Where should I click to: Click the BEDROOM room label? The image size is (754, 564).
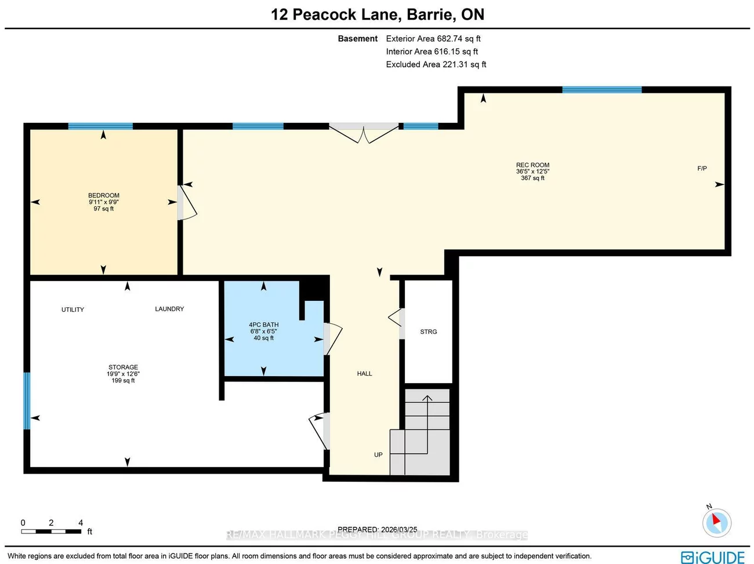104,195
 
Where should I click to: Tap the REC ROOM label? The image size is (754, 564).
532,165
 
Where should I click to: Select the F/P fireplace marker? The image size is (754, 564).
702,169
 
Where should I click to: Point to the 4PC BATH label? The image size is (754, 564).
264,325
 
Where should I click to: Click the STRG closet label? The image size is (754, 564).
429,332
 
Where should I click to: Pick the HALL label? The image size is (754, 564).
364,374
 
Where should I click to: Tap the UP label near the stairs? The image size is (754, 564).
378,455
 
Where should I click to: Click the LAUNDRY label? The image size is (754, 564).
169,309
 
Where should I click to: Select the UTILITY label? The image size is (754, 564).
72,310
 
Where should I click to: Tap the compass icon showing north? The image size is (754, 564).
717,522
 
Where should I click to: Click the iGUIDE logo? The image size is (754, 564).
713,557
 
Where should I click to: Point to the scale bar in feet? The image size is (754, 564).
52,531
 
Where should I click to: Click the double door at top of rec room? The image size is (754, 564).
364,133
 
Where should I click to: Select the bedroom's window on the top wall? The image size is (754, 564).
100,126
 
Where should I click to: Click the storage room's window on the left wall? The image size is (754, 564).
27,401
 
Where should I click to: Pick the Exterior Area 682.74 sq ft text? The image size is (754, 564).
433,39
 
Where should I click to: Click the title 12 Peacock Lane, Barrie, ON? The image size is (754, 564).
378,14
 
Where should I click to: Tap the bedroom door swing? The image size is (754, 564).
187,203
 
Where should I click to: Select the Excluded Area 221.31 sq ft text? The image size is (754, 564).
436,64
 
